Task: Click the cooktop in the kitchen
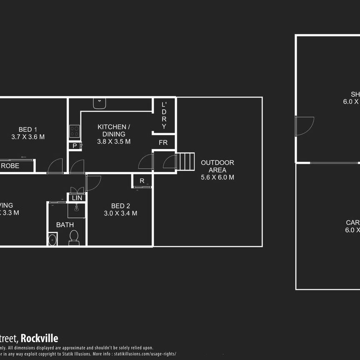(x=74, y=131)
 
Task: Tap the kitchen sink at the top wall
(x=99, y=103)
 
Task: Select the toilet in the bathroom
(x=74, y=237)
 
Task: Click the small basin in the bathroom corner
(x=52, y=239)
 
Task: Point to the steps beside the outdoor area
(x=186, y=161)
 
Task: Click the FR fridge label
(x=163, y=143)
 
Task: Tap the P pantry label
(x=75, y=146)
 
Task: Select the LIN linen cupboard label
(x=77, y=198)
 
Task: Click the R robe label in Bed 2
(x=142, y=181)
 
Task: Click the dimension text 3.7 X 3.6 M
(x=29, y=137)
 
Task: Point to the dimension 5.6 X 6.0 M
(x=217, y=177)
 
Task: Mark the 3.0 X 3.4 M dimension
(x=120, y=213)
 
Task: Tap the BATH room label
(x=65, y=225)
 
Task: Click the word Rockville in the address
(x=40, y=338)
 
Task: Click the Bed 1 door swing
(x=55, y=166)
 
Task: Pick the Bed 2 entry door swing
(x=93, y=182)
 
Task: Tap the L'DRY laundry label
(x=164, y=115)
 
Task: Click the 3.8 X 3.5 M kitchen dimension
(x=114, y=141)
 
